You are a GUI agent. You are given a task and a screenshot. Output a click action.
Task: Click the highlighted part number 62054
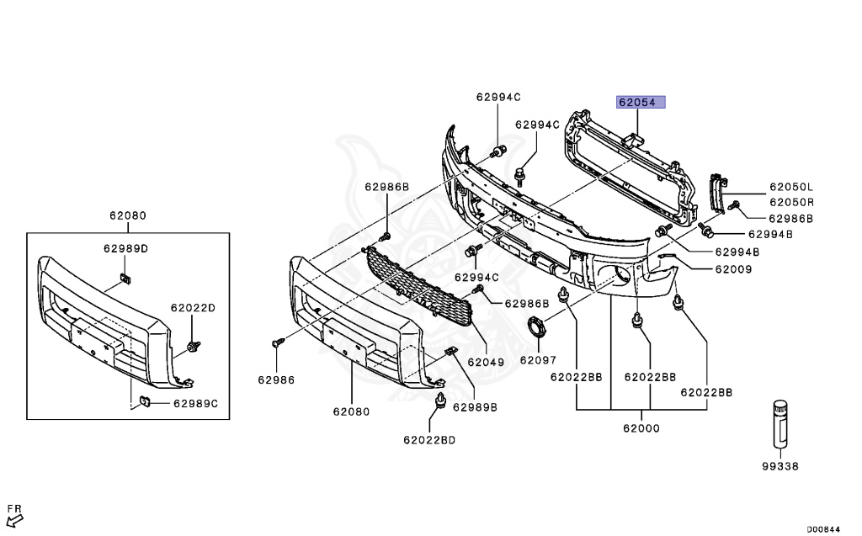coord(641,103)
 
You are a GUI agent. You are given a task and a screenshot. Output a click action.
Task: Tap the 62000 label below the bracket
coord(641,428)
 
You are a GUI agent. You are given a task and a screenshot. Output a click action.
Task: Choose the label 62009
coord(734,269)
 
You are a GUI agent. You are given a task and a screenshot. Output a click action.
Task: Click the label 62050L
coord(790,187)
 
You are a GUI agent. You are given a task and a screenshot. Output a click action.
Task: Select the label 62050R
coord(790,202)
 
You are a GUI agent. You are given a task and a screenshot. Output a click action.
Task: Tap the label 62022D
coord(194,308)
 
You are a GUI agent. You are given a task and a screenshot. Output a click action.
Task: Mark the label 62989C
coord(195,404)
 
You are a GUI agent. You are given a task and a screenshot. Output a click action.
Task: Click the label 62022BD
coord(428,440)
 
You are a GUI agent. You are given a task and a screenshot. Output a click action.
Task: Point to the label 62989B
coord(475,407)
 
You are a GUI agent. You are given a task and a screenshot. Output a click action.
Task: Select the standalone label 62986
coord(276,380)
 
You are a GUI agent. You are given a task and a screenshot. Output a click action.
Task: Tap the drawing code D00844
coord(823,529)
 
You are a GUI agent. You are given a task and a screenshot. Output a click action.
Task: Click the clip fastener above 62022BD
coord(439,403)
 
